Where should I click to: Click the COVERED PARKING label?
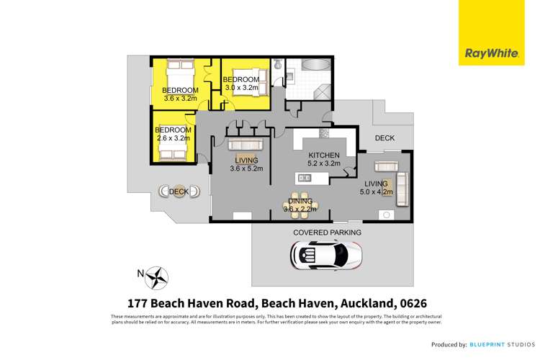click(x=327, y=233)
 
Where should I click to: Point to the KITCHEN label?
click(x=323, y=156)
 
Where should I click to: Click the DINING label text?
click(x=300, y=202)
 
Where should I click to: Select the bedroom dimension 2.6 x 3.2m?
click(x=171, y=138)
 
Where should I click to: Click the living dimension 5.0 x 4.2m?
click(x=376, y=192)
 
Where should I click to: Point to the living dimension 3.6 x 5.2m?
click(x=246, y=168)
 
